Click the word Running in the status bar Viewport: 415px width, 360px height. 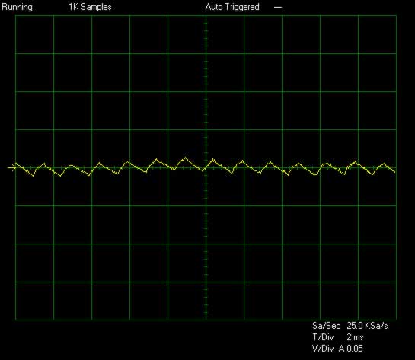point(17,7)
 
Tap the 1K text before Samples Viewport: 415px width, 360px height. point(73,7)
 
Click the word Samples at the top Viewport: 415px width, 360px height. point(96,7)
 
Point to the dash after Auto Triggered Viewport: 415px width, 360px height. point(278,8)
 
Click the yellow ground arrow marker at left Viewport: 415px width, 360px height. point(11,167)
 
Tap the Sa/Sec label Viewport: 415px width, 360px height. point(326,325)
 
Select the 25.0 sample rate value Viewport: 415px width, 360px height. point(355,325)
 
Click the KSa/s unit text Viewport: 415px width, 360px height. point(376,325)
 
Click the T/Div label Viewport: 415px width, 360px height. point(323,337)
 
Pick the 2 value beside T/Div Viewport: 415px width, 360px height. point(350,337)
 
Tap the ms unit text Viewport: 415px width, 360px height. point(359,338)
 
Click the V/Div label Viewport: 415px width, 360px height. point(323,349)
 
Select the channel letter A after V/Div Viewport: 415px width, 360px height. point(342,349)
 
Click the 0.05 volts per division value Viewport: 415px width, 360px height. point(355,349)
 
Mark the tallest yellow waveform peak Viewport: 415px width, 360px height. point(185,158)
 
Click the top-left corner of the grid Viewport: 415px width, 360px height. point(16,16)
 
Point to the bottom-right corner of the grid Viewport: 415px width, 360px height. point(396,320)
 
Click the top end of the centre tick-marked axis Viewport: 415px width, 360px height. point(206,16)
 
